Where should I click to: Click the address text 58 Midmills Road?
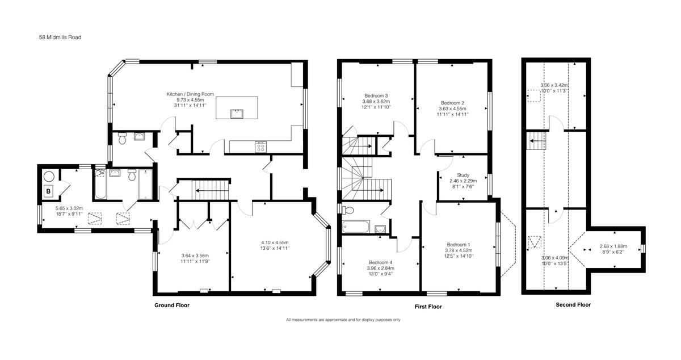pyautogui.click(x=56, y=37)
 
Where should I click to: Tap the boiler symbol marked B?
pyautogui.click(x=48, y=191)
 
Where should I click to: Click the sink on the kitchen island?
pyautogui.click(x=237, y=114)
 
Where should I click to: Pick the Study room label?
pyautogui.click(x=463, y=175)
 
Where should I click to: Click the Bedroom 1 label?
pyautogui.click(x=459, y=245)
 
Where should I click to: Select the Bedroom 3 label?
pyautogui.click(x=376, y=95)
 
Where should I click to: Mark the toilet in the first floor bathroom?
pyautogui.click(x=348, y=210)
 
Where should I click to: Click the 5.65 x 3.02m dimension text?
pyautogui.click(x=69, y=208)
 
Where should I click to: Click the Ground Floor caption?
pyautogui.click(x=172, y=305)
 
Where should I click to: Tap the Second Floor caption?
pyautogui.click(x=573, y=304)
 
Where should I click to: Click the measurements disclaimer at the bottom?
pyautogui.click(x=343, y=320)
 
